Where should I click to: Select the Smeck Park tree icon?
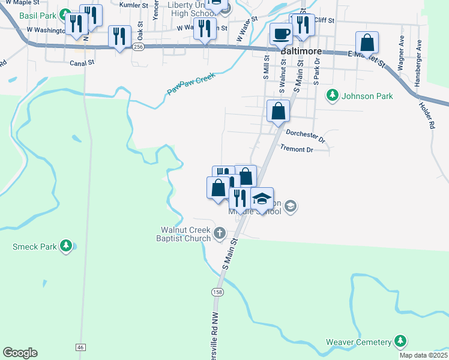pos(65,246)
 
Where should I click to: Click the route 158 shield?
pos(216,292)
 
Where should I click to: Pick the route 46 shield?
pos(80,347)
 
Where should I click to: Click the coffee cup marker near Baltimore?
pos(280,34)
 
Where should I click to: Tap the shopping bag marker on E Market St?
pos(367,43)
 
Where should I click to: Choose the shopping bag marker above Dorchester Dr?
pos(279,110)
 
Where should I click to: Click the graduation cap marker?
pos(262,198)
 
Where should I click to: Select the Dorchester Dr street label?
pos(306,136)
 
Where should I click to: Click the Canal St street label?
pos(82,62)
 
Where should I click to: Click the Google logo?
pos(20,353)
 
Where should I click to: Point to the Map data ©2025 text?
pos(423,355)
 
